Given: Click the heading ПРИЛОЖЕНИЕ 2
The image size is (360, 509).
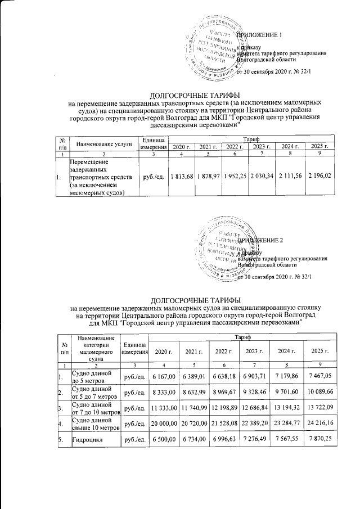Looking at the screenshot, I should point(260,240).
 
